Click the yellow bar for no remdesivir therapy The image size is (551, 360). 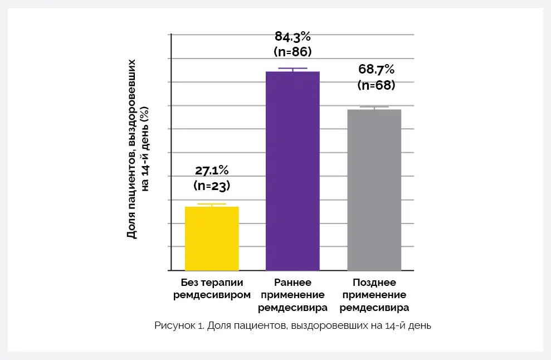click(x=212, y=239)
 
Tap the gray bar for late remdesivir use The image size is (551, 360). click(x=374, y=190)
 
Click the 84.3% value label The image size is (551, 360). click(x=292, y=37)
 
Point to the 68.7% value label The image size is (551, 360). click(x=376, y=70)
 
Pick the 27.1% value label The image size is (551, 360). click(x=212, y=171)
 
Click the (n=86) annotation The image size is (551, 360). click(x=292, y=52)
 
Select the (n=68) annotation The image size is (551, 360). click(x=376, y=85)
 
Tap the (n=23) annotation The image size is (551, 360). click(x=212, y=185)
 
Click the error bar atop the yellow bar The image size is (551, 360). click(x=212, y=205)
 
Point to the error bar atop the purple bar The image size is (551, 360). click(x=292, y=69)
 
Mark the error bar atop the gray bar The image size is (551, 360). click(x=374, y=108)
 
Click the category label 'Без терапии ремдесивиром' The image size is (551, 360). click(x=212, y=288)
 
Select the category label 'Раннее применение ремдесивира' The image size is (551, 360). click(x=292, y=294)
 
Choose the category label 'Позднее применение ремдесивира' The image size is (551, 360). click(x=374, y=294)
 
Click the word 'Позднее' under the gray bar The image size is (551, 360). click(x=374, y=282)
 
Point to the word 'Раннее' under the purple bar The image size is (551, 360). click(x=292, y=282)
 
